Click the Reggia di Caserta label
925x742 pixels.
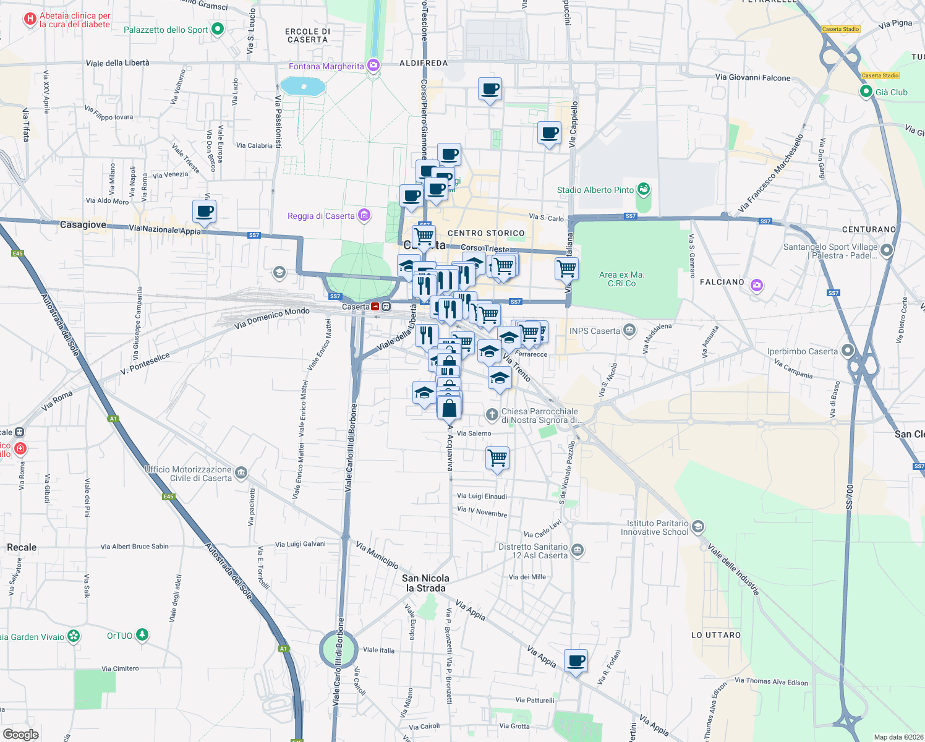point(321,216)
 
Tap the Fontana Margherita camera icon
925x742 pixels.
point(373,65)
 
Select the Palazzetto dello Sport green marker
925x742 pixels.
point(217,29)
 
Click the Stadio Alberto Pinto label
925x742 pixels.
point(595,190)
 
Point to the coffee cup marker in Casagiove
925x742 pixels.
point(204,212)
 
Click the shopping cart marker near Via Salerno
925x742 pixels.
point(498,459)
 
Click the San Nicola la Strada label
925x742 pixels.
point(425,583)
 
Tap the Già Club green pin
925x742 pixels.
point(866,92)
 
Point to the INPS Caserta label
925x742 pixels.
point(594,331)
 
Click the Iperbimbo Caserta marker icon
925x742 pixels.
point(848,351)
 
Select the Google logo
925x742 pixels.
point(20,735)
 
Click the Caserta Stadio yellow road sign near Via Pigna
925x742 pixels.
point(841,29)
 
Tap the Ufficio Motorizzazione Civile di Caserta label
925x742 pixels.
point(188,474)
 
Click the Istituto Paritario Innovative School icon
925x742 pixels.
point(697,526)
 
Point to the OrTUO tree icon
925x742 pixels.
point(142,634)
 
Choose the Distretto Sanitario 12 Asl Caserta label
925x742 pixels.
point(532,551)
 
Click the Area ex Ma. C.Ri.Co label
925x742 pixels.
point(621,279)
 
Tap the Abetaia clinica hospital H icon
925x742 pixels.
point(29,20)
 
